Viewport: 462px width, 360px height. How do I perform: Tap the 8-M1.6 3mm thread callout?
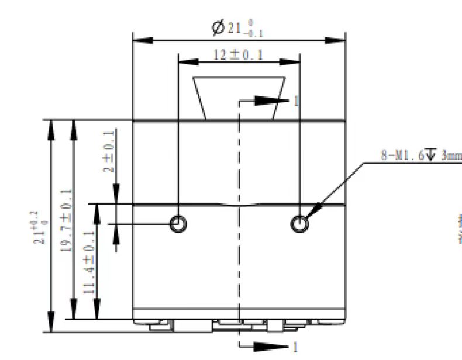418,155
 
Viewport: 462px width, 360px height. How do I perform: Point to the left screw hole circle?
178,223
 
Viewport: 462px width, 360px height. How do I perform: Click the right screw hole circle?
301,223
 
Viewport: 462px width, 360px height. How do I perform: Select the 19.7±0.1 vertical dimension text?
65,219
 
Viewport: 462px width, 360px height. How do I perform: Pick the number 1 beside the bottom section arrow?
295,348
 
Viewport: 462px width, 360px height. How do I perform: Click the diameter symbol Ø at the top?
219,28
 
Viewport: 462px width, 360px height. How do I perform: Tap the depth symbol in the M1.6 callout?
431,155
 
